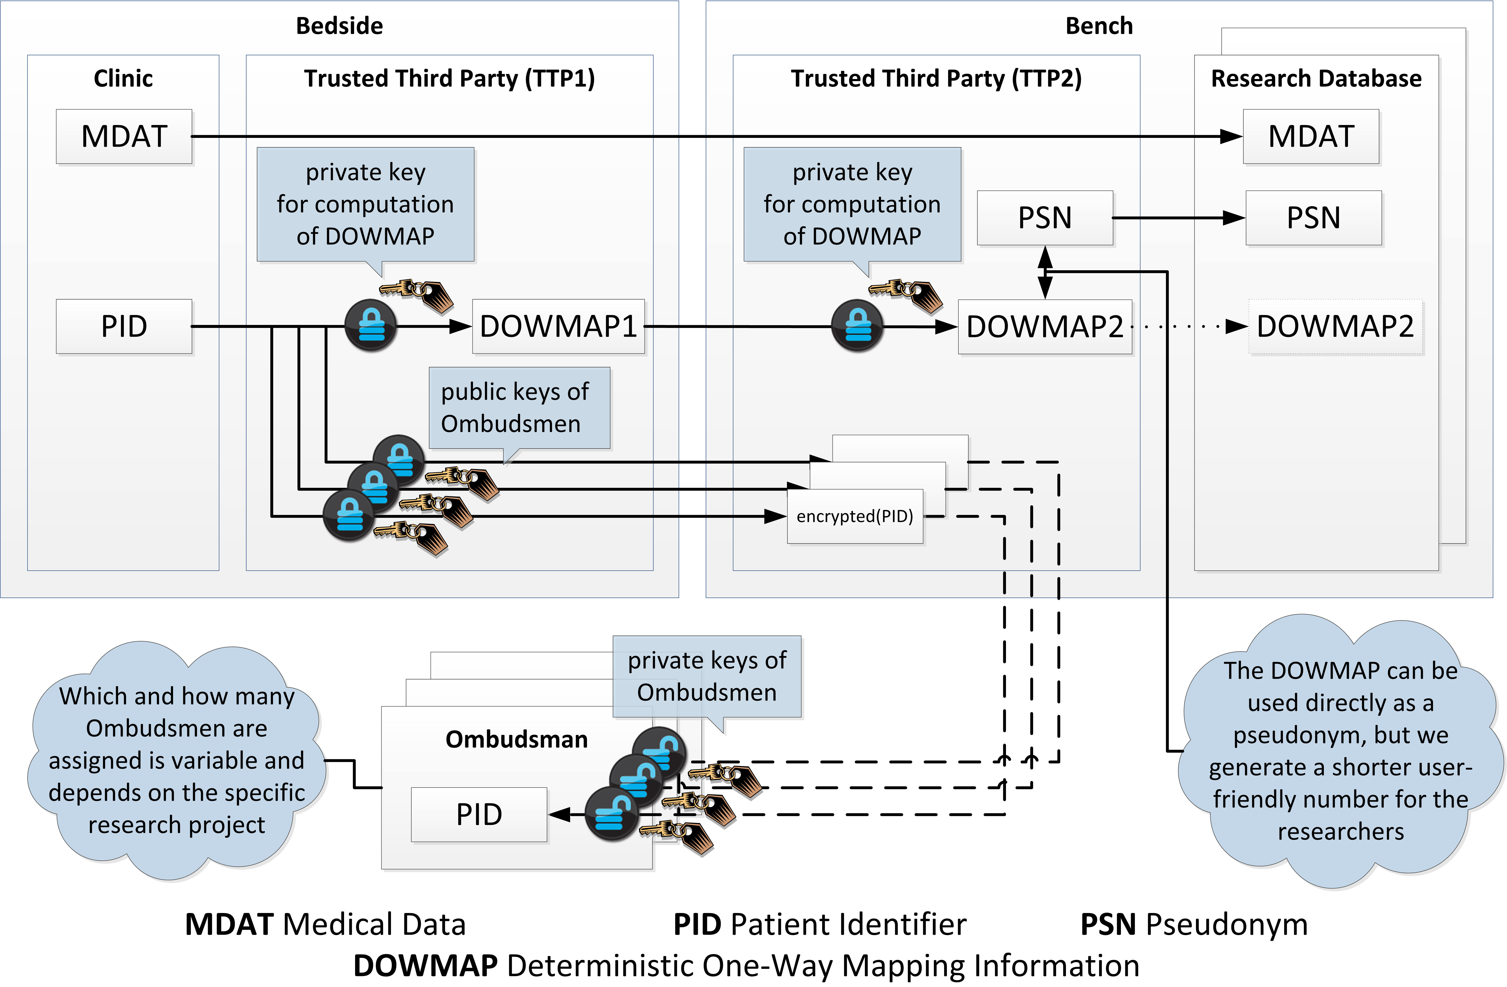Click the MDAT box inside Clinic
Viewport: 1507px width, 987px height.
[x=124, y=137]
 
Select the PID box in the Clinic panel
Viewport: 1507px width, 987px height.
[x=124, y=327]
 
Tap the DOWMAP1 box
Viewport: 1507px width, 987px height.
[x=558, y=327]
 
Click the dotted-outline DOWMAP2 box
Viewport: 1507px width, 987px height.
[x=1335, y=327]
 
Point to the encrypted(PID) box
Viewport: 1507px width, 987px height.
[x=855, y=517]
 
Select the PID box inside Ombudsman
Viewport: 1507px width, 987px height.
[x=479, y=815]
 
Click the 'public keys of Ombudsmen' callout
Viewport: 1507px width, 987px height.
[x=519, y=408]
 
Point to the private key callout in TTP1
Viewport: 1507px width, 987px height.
[x=365, y=205]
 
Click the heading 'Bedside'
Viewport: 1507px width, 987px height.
[x=339, y=26]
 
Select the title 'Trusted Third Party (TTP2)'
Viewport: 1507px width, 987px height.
[x=937, y=79]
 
